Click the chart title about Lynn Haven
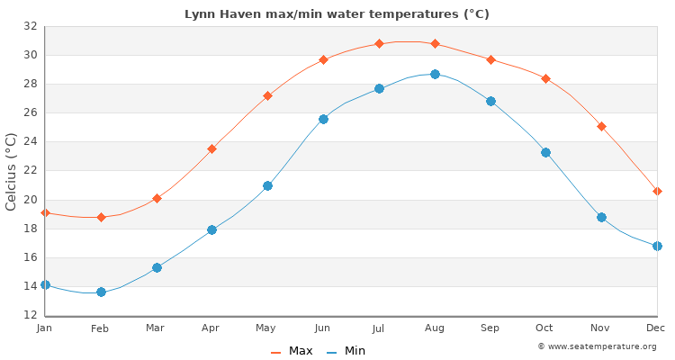pyautogui.click(x=337, y=14)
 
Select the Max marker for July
pyautogui.click(x=379, y=43)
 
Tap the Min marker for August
pyautogui.click(x=435, y=74)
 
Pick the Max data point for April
pyautogui.click(x=211, y=148)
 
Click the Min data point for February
pyautogui.click(x=101, y=292)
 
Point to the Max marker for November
pyautogui.click(x=601, y=126)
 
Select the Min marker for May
pyautogui.click(x=267, y=185)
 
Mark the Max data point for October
pyautogui.click(x=545, y=78)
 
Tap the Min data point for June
pyautogui.click(x=323, y=119)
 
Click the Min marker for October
pyautogui.click(x=545, y=152)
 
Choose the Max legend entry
pyautogui.click(x=292, y=351)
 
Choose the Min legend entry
pyautogui.click(x=346, y=351)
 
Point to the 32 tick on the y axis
pyautogui.click(x=30, y=26)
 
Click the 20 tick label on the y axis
pyautogui.click(x=30, y=200)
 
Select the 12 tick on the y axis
pyautogui.click(x=30, y=315)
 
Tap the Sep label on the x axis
pyautogui.click(x=490, y=328)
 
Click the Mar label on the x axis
pyautogui.click(x=156, y=328)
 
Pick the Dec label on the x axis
pyautogui.click(x=656, y=328)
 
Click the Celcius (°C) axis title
pyautogui.click(x=12, y=171)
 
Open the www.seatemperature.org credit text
pyautogui.click(x=597, y=346)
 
